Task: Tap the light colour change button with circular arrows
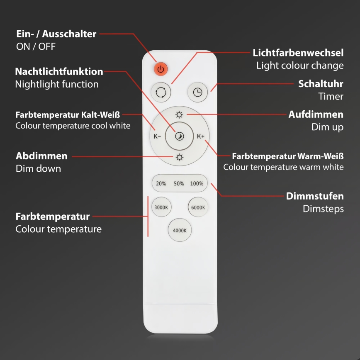click(x=161, y=92)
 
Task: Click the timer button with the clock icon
click(x=197, y=92)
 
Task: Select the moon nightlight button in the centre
click(x=179, y=136)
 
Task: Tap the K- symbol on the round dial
click(x=157, y=136)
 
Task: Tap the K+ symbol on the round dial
click(x=201, y=136)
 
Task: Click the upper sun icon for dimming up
click(x=179, y=115)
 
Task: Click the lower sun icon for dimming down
click(x=179, y=157)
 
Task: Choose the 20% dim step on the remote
click(x=161, y=183)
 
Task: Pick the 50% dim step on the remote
click(x=179, y=183)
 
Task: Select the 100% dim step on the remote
click(x=197, y=183)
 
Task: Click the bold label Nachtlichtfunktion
click(x=59, y=71)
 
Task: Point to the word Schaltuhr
click(x=321, y=84)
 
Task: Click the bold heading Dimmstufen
click(x=315, y=196)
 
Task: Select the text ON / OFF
click(x=36, y=46)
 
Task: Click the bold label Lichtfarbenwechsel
click(x=298, y=53)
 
